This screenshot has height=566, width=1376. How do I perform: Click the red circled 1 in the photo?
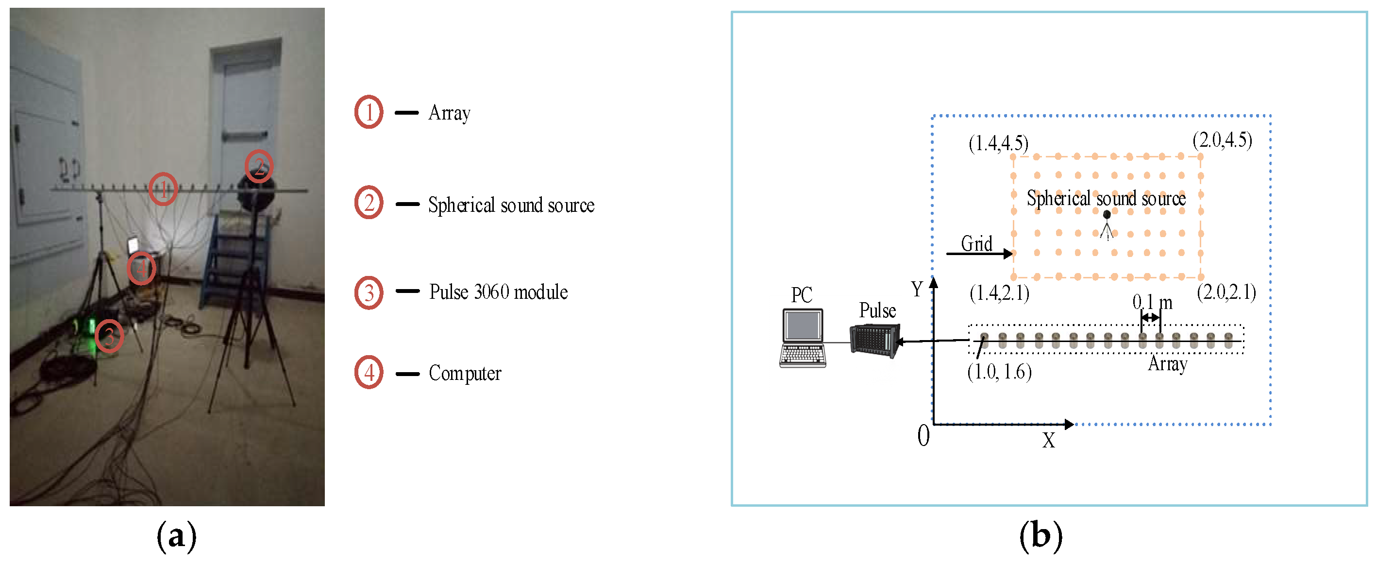[x=163, y=189]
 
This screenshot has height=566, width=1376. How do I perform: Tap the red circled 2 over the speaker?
[x=259, y=166]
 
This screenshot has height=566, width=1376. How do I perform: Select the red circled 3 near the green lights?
[x=109, y=336]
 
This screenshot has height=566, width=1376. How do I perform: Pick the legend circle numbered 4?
[x=369, y=372]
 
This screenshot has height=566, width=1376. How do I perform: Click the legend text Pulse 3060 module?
[x=498, y=292]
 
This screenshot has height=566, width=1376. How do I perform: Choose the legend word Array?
[x=449, y=113]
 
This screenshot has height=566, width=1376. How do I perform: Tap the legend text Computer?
[x=465, y=373]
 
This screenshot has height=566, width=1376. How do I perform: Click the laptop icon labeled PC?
[x=802, y=337]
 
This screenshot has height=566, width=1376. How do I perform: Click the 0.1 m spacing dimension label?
[x=1152, y=303]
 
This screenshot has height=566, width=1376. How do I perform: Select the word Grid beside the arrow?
[x=976, y=244]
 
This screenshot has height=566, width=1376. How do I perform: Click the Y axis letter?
[x=917, y=289]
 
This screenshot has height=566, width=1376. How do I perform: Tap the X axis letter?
[x=1049, y=440]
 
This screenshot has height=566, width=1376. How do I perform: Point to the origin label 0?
[x=923, y=436]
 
